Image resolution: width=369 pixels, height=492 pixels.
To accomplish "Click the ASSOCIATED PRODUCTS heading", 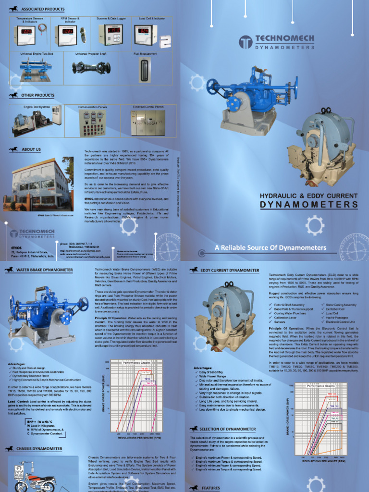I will coord(43,9).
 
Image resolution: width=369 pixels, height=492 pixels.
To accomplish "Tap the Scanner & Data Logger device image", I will coord(111,35).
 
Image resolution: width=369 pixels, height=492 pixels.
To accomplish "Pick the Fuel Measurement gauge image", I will coord(142,68).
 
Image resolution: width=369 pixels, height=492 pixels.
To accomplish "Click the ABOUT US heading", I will coord(31,149).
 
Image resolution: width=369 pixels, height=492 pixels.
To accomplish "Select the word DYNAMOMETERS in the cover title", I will coord(309,205).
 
